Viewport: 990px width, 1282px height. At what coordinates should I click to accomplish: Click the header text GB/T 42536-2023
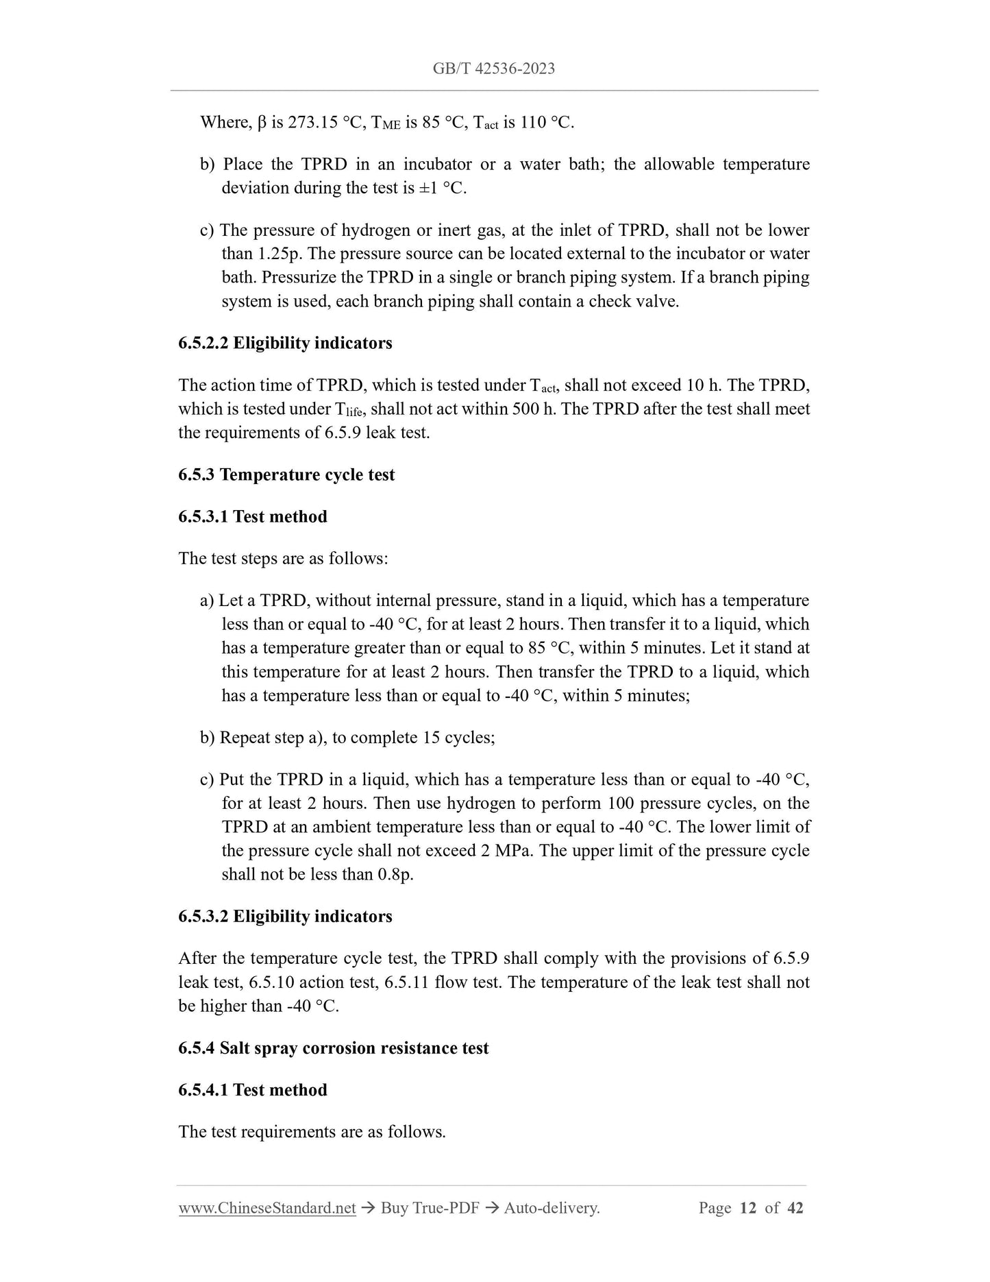point(493,69)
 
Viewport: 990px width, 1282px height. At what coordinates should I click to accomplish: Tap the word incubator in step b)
point(437,165)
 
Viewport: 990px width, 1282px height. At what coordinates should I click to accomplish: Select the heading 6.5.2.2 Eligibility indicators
point(285,343)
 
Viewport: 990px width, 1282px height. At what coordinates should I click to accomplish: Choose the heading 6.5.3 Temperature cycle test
point(286,474)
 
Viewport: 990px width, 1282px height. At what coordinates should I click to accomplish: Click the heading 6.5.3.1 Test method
point(253,516)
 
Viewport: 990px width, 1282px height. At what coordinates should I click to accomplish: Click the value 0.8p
point(395,875)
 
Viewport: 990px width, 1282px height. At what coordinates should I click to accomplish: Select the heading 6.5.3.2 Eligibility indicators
point(285,917)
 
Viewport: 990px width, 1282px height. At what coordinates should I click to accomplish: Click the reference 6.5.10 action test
point(312,982)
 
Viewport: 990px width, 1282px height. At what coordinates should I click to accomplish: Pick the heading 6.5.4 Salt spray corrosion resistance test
point(334,1048)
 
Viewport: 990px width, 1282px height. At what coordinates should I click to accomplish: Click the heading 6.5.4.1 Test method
point(253,1090)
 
